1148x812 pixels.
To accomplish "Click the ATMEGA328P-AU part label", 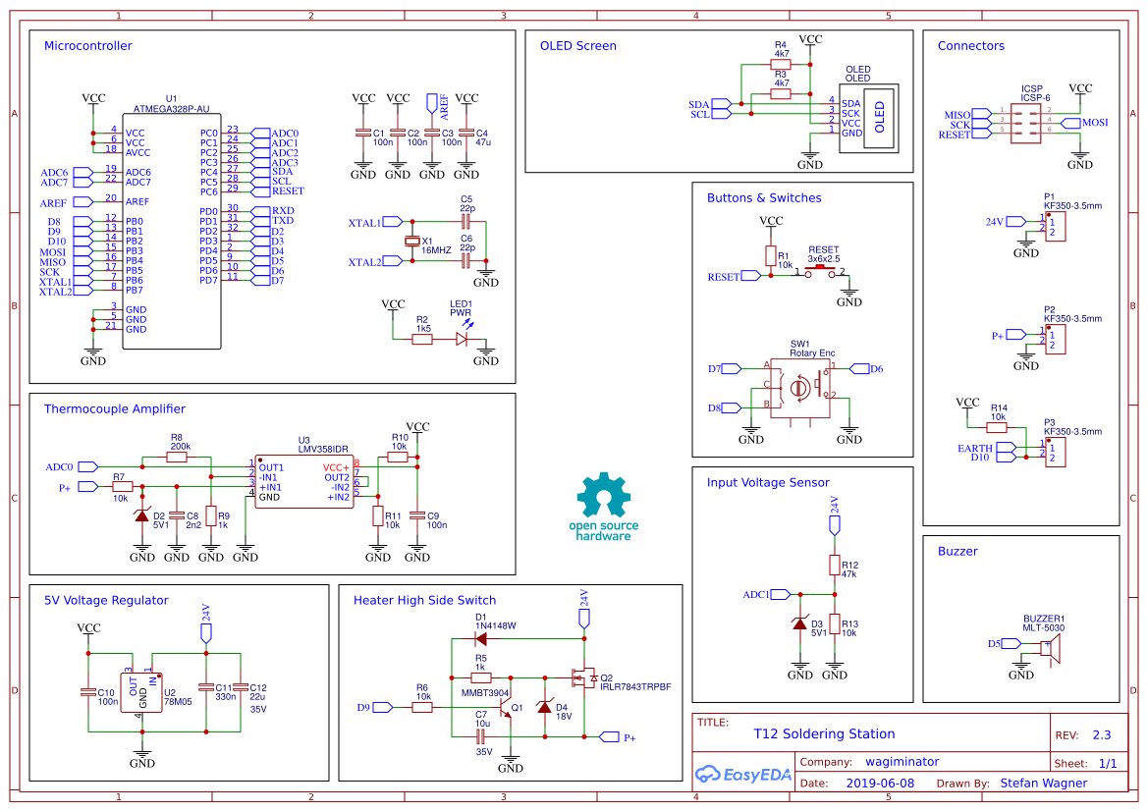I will tap(171, 109).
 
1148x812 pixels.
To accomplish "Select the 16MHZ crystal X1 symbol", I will tap(412, 243).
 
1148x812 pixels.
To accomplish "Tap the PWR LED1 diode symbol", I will tap(461, 339).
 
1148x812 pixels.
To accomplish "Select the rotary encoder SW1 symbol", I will tap(799, 388).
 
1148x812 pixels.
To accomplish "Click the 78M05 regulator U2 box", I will tap(142, 691).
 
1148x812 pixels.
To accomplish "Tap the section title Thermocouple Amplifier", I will tap(115, 408).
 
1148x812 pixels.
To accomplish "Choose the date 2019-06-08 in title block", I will tap(879, 784).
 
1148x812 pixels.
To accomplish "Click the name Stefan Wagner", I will tap(1043, 784).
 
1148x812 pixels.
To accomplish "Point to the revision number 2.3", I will tap(1101, 735).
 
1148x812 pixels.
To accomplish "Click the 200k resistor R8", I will tap(177, 457).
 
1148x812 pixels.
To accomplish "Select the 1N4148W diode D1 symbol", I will tap(481, 638).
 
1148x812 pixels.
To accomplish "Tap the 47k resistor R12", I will tap(835, 566).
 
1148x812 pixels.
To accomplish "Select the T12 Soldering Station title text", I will tap(824, 733).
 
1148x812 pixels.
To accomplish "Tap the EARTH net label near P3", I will tap(976, 448).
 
